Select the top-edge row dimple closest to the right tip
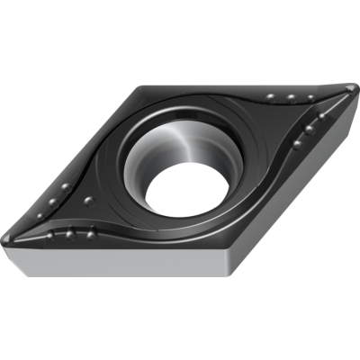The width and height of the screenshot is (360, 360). click(311, 98)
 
